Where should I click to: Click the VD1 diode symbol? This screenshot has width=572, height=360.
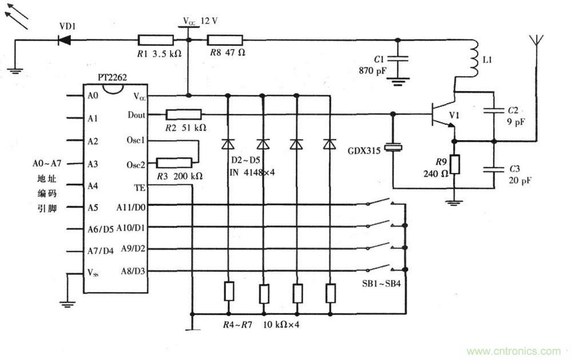tap(63, 40)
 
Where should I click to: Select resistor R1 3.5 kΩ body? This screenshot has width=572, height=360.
tap(156, 40)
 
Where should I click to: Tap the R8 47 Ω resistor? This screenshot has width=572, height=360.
tap(225, 40)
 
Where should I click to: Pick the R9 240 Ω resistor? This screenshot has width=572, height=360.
tap(454, 165)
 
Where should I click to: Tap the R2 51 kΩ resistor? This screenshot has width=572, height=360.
tap(183, 115)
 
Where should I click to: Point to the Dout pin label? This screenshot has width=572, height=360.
tap(136, 115)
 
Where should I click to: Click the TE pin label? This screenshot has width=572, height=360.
tap(139, 187)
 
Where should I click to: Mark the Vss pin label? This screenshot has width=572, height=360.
tap(93, 272)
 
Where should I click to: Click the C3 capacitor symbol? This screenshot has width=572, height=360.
tap(493, 169)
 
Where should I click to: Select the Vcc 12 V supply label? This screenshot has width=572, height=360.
tap(200, 21)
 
